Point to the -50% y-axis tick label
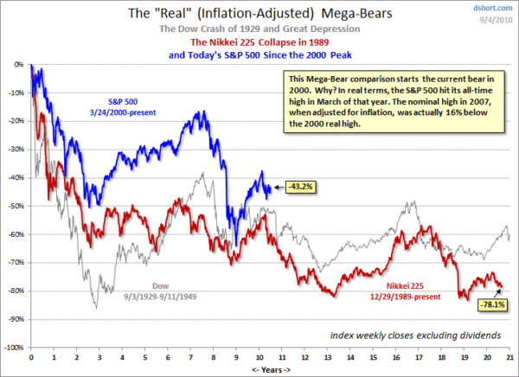click(15, 206)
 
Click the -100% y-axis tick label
click(13, 348)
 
